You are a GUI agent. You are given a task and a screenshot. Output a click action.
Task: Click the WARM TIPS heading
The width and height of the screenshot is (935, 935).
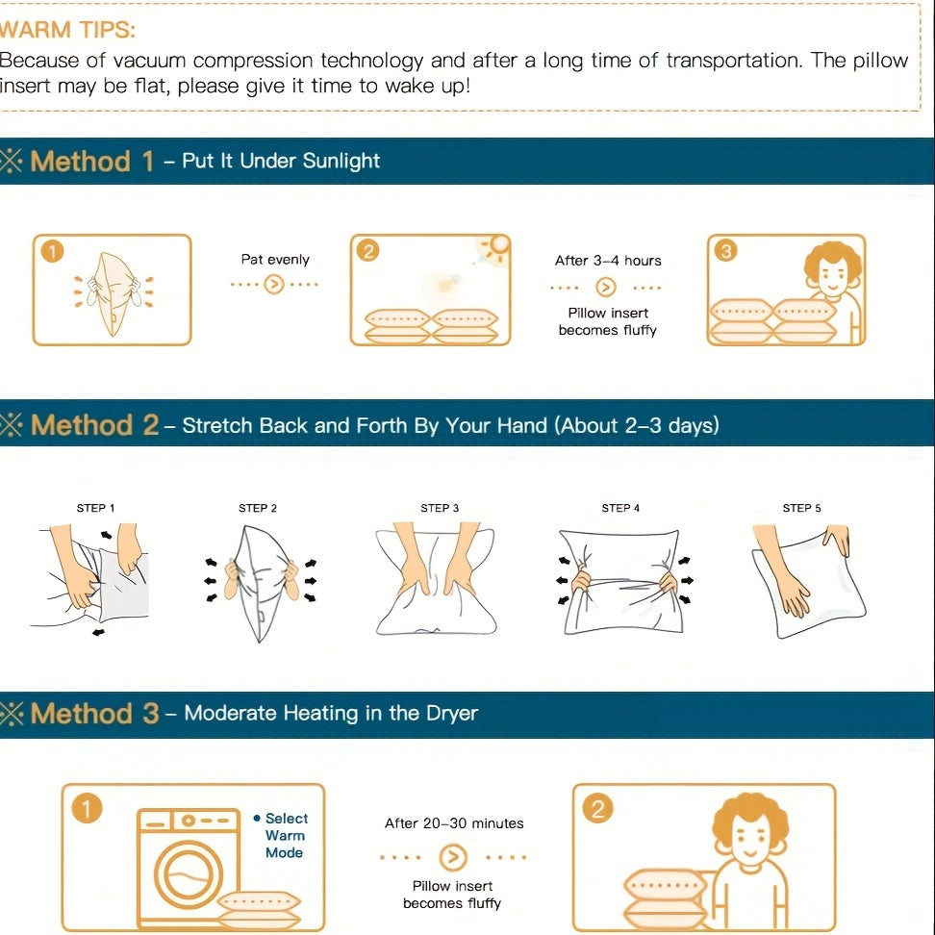67,29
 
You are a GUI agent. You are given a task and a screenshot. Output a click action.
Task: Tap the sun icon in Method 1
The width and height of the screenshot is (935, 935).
496,246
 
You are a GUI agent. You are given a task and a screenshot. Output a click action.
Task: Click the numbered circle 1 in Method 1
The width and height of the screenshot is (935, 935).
53,251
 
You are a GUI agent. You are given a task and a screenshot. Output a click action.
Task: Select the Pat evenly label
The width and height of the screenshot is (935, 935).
275,260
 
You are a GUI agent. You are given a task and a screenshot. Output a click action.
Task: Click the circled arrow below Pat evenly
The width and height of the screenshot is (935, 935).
274,285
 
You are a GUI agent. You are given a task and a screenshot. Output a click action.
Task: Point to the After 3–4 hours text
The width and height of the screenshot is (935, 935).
608,261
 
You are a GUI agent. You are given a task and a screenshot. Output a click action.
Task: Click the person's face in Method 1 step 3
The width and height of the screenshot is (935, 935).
832,275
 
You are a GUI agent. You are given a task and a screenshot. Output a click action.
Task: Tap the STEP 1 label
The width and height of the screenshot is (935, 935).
95,508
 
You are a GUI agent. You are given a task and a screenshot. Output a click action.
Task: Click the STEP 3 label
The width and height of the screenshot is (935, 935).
440,508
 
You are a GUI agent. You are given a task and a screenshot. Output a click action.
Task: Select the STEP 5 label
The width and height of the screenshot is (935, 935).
801,508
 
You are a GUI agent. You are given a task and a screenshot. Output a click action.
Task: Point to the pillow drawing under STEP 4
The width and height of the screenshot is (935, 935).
620,581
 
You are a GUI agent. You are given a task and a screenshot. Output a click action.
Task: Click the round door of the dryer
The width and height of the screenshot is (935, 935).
189,874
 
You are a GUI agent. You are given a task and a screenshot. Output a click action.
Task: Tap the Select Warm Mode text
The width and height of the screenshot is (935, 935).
285,835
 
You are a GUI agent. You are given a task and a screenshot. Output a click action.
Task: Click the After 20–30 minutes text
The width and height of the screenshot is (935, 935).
454,823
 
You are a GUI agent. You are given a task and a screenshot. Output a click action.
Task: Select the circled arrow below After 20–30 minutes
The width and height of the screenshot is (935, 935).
453,857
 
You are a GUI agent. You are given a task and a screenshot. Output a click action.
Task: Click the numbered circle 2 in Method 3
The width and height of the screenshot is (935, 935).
598,809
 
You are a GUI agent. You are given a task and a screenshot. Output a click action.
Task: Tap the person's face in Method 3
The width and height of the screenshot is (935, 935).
750,837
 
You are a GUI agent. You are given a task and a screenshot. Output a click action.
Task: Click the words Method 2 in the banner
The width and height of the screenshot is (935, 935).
95,425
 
